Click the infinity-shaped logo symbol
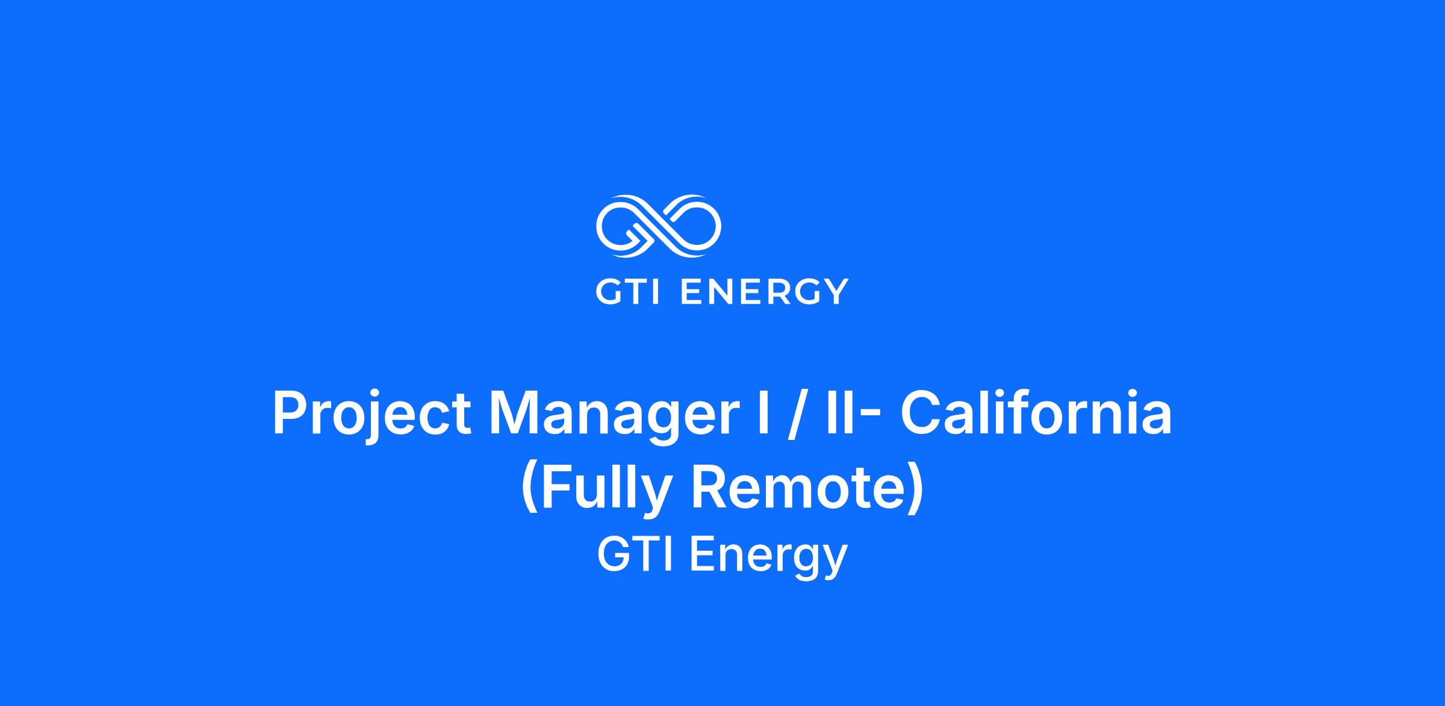[x=659, y=226]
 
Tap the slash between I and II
[x=797, y=413]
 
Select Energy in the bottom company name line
[x=768, y=558]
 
